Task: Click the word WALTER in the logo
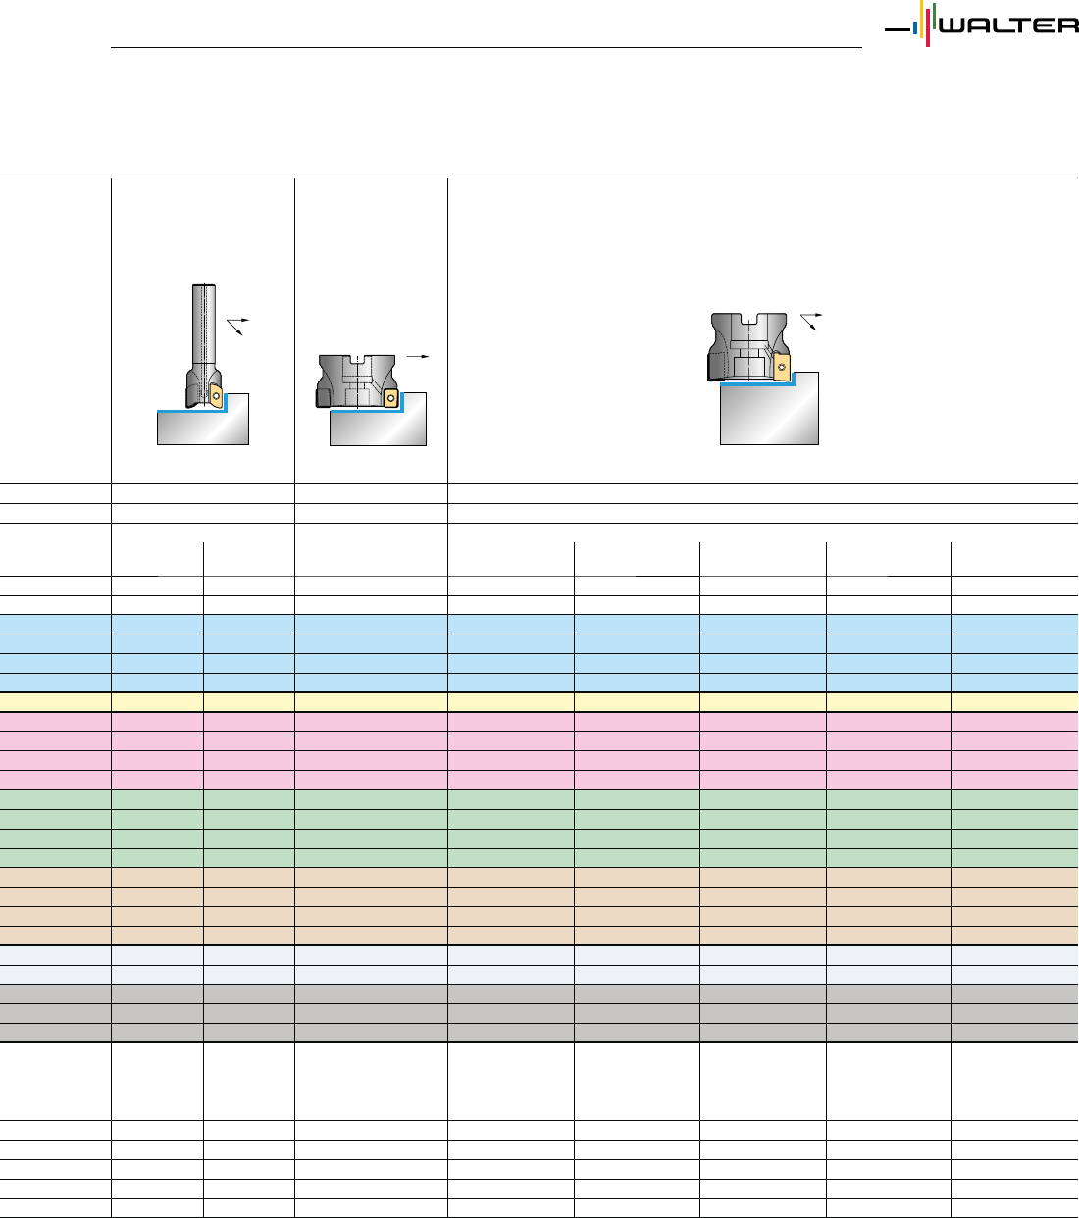[x=1008, y=25]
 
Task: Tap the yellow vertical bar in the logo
[x=921, y=19]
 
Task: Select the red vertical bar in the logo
[x=928, y=27]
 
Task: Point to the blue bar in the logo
[x=915, y=28]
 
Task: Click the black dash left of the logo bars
[x=898, y=29]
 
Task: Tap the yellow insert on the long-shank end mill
[x=216, y=395]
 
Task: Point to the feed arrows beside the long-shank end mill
[x=237, y=327]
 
